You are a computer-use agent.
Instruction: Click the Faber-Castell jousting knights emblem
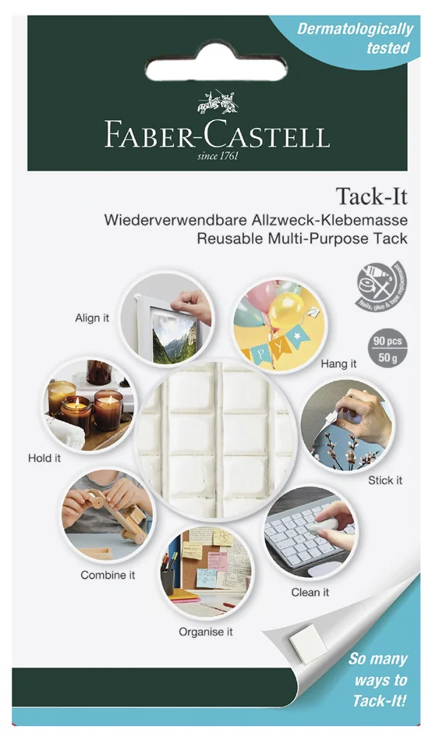coord(218,103)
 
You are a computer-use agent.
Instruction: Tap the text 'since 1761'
coord(218,155)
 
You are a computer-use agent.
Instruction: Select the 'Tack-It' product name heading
coord(371,195)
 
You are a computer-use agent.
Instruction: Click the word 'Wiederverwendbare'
coord(163,221)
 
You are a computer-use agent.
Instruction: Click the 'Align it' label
coord(92,318)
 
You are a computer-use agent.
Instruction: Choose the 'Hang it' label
coord(338,364)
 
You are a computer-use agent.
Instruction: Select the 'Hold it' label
coord(44,458)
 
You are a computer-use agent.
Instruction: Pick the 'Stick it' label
coord(385,480)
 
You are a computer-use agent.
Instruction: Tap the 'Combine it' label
coord(108,575)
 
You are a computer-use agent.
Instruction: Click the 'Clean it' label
coord(310,592)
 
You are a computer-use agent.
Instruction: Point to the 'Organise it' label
coord(206,632)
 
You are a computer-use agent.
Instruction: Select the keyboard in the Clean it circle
coord(303,538)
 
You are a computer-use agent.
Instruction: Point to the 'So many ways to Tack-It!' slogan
coord(377,680)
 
